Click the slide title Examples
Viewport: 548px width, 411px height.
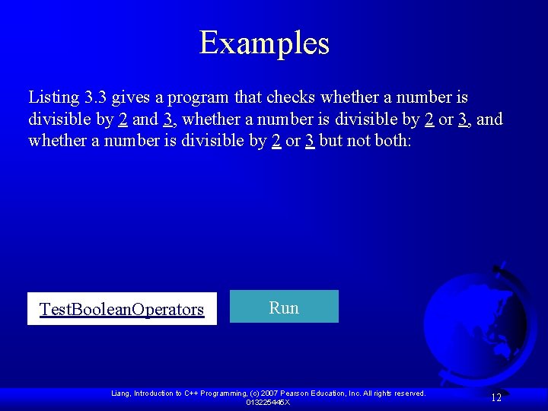pos(264,43)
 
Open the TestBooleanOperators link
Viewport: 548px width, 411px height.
pos(122,309)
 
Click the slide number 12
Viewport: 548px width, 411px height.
pos(496,397)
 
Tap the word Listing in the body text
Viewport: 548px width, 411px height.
pos(53,98)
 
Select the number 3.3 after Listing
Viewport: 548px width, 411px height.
pos(95,98)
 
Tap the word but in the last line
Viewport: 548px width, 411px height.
pos(331,142)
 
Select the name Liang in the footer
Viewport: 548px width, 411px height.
pos(120,393)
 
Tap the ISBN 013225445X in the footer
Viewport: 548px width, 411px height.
pos(267,402)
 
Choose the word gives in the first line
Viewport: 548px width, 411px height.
pos(130,98)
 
